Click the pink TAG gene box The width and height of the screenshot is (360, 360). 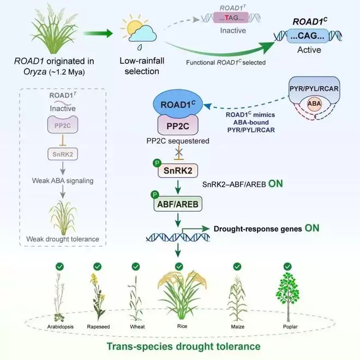tap(231, 17)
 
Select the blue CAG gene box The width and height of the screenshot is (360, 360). tap(308, 36)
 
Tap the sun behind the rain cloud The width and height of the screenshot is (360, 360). tap(134, 27)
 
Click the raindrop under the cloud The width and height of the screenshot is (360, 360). tap(139, 47)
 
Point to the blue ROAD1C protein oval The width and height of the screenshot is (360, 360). tap(178, 104)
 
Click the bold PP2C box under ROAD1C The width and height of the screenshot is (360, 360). tap(178, 125)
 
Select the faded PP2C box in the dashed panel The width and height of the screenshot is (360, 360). tap(63, 125)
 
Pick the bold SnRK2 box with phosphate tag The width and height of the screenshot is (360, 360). tap(178, 171)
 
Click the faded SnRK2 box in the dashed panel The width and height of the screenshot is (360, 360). tap(63, 154)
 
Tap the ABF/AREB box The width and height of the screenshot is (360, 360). tap(178, 204)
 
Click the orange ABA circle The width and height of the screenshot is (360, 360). tap(314, 104)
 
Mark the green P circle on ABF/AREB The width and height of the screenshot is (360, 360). tap(155, 195)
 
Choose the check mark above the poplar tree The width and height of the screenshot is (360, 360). tap(287, 267)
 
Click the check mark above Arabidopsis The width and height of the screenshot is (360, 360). tap(59, 267)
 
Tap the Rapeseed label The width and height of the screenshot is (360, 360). tap(98, 327)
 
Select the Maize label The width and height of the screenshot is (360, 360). tap(238, 327)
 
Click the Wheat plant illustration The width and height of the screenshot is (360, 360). tap(135, 298)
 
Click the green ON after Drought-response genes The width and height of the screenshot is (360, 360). tap(312, 228)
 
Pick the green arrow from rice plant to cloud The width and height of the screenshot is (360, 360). tap(98, 33)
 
